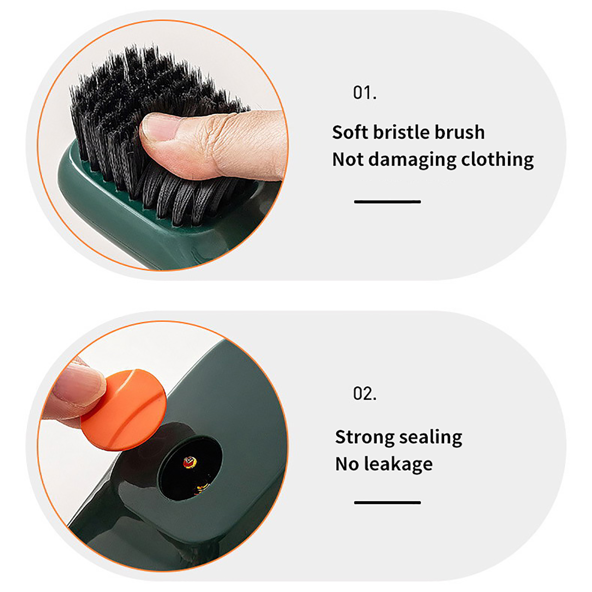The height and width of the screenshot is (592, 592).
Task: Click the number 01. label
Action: click(x=365, y=92)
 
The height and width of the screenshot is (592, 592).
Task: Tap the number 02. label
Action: click(x=365, y=394)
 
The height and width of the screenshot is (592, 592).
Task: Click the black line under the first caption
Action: click(x=387, y=202)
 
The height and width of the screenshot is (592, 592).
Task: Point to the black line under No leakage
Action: click(x=387, y=502)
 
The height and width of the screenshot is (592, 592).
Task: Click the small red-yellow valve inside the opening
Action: click(x=190, y=462)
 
